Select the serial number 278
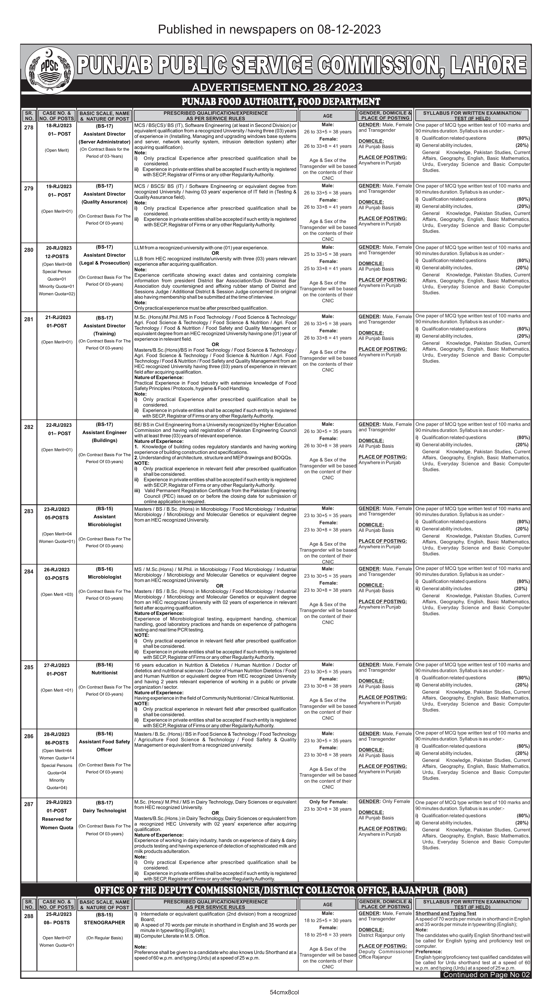(29, 127)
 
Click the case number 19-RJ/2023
(59, 187)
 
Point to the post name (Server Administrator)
(104, 142)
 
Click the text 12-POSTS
(57, 257)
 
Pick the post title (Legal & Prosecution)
(104, 263)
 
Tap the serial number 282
(29, 427)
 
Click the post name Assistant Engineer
(104, 433)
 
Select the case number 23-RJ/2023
(57, 509)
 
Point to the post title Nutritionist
(104, 673)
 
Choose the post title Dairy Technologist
(104, 811)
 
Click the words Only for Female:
(328, 802)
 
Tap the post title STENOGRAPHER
(104, 922)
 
